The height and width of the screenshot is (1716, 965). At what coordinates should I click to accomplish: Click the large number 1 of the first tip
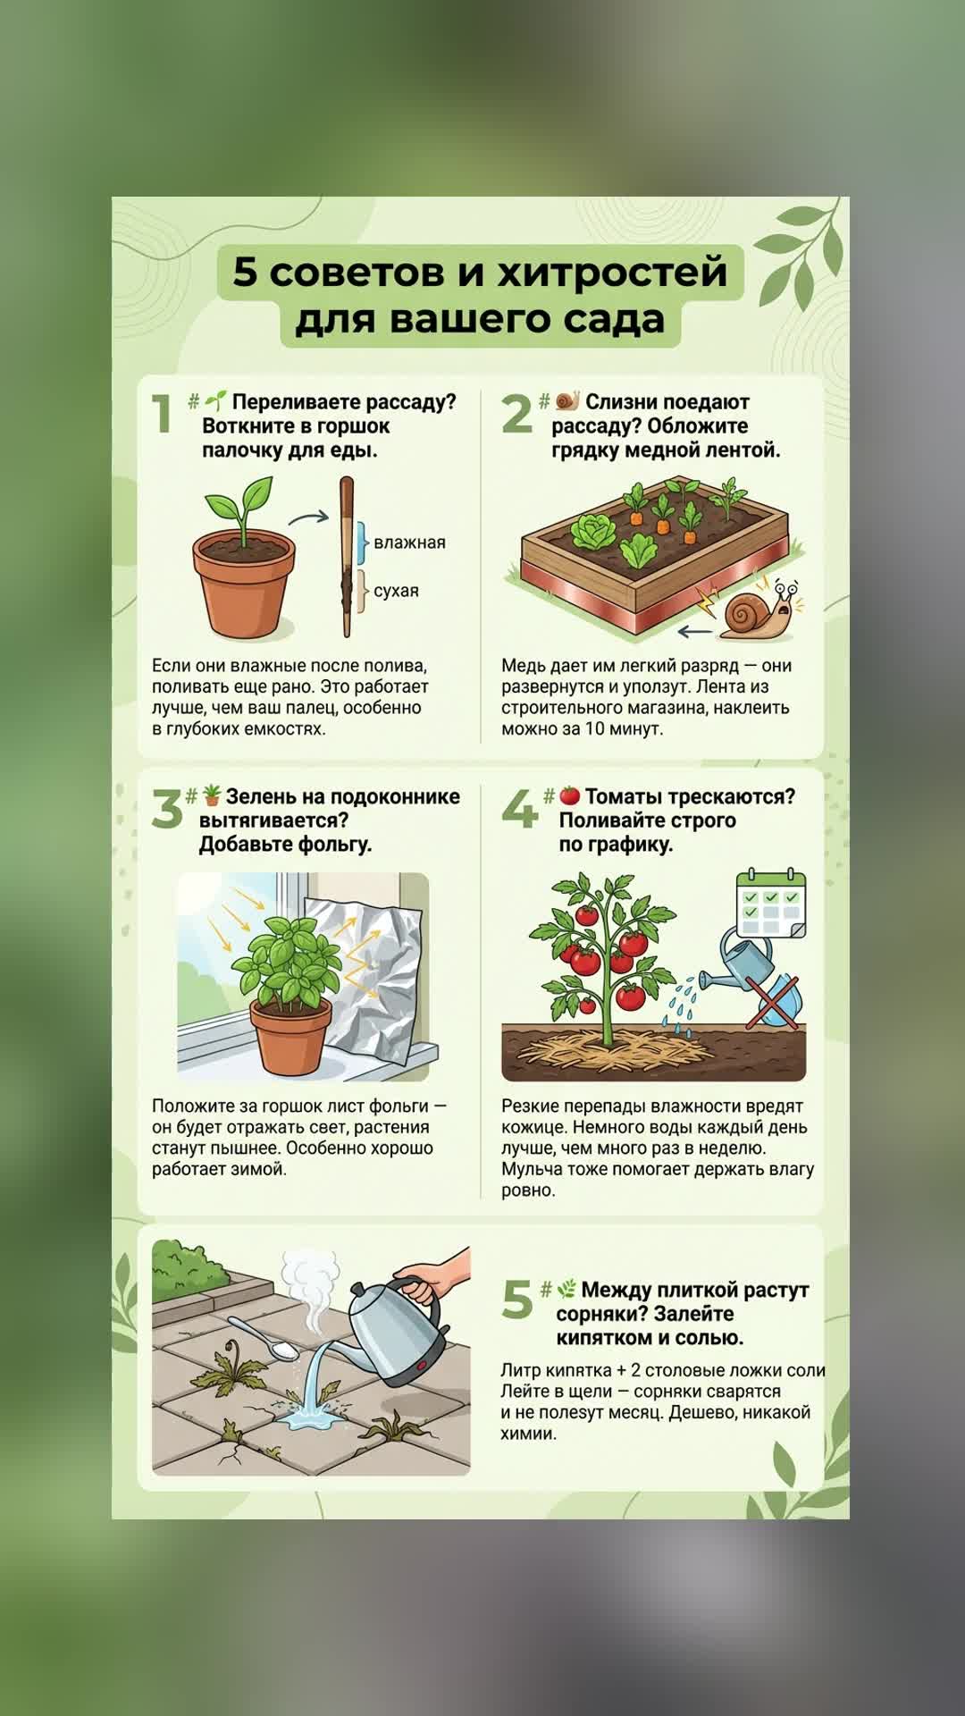coord(162,414)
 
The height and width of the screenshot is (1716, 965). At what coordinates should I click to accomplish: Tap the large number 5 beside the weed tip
coord(517,1299)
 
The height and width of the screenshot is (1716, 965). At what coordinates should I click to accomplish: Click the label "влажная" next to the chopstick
coord(409,543)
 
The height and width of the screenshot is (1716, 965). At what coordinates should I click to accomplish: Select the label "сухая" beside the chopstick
coord(396,591)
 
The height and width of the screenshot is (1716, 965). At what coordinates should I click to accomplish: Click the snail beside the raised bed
coord(760,610)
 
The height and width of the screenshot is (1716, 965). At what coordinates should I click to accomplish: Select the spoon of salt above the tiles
coord(264,1338)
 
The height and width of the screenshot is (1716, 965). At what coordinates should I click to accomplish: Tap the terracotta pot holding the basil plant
coord(290,1037)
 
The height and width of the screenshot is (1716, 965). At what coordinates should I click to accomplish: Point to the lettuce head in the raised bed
coord(591,532)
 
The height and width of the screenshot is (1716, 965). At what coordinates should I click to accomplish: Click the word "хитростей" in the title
coord(613,272)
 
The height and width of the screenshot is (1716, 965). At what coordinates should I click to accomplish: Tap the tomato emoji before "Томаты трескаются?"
coord(570,795)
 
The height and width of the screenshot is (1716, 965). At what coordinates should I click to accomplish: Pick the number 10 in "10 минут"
coord(594,728)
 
